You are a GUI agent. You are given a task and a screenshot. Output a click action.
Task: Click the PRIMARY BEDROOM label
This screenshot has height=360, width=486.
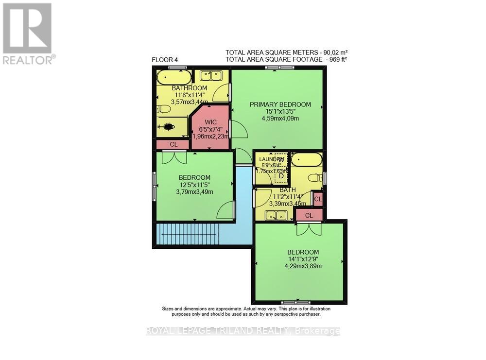point(280,104)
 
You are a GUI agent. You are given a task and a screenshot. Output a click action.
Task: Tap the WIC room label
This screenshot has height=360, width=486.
point(210,122)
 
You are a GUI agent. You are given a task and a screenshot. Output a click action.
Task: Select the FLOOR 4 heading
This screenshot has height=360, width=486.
point(165,60)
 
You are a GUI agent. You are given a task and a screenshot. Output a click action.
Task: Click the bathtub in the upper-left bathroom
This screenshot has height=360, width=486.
point(174,77)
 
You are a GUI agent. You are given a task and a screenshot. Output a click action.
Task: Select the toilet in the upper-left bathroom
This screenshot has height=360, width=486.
point(164,109)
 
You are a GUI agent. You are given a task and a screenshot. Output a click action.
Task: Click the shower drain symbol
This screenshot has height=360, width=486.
point(169,127)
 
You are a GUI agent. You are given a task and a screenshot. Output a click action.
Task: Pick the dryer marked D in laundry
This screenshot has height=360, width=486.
point(281,175)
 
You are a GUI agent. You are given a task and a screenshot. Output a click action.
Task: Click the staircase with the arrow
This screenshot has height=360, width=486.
point(186,234)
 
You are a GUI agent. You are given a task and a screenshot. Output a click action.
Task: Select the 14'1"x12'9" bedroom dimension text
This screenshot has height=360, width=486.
point(303,259)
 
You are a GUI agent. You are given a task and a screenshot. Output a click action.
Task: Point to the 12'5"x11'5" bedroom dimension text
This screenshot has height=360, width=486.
point(194,185)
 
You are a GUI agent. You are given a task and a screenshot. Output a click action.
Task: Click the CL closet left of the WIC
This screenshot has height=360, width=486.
point(172,144)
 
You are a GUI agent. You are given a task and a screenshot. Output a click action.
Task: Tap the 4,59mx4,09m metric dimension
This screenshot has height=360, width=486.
point(280,118)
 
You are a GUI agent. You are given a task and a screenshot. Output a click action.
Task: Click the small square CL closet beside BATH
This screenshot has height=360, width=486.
point(318,199)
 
